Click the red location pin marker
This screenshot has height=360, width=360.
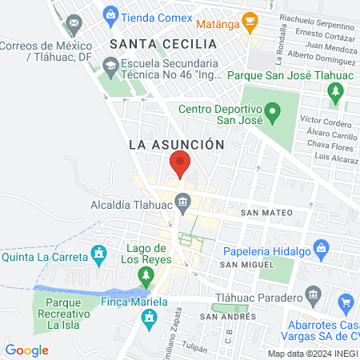click(x=180, y=164)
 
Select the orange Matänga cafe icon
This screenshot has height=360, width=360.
click(x=250, y=20)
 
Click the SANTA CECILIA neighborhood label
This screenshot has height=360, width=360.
click(x=163, y=43)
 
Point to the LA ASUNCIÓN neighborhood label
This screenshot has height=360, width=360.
click(x=174, y=145)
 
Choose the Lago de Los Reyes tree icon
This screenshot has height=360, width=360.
click(x=145, y=277)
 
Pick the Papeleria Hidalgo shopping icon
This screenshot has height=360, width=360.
click(x=321, y=248)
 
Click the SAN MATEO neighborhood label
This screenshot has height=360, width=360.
click(x=266, y=213)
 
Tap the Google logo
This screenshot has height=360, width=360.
click(x=26, y=350)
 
